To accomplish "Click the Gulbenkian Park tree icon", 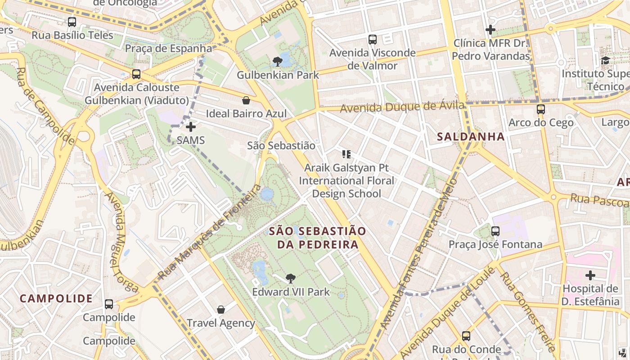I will click(x=278, y=61).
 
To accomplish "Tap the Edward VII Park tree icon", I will click(x=291, y=279).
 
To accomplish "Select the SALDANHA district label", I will click(x=471, y=137).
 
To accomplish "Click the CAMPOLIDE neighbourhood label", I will click(x=56, y=298).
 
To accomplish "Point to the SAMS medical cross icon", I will click(x=191, y=127).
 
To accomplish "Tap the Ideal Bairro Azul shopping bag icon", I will click(x=246, y=100).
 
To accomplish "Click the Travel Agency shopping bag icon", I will click(x=220, y=310).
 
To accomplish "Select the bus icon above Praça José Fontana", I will click(x=495, y=231).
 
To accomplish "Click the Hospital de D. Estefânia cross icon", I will click(x=590, y=275).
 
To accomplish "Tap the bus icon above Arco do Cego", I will click(x=541, y=109).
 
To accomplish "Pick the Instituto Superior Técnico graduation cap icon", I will click(x=605, y=60).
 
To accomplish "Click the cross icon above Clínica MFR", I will click(x=490, y=30).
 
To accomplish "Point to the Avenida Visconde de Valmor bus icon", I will click(x=372, y=40).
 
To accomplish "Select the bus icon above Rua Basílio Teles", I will click(x=72, y=22).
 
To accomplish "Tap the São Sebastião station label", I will click(x=281, y=145).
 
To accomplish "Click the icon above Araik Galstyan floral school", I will click(x=346, y=154).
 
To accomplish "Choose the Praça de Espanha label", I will click(x=168, y=48).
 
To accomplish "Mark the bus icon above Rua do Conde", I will click(x=466, y=336).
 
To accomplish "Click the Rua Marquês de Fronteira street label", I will click(x=210, y=232).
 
